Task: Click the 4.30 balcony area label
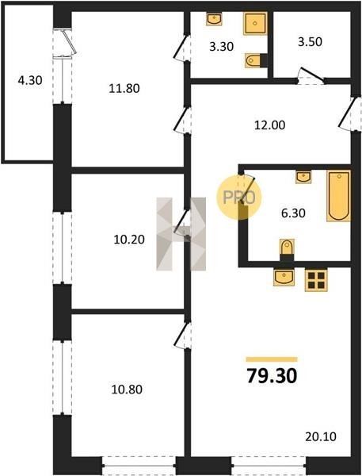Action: tap(30, 81)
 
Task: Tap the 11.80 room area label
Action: tap(124, 88)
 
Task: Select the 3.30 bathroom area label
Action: tap(221, 47)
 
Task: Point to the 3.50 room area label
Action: tap(310, 42)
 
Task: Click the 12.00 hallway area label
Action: tap(269, 125)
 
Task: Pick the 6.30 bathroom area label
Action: tap(293, 213)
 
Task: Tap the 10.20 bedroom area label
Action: tap(129, 240)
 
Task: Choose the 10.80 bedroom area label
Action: tap(127, 390)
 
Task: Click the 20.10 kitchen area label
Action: tap(321, 437)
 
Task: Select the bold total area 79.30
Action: tap(272, 376)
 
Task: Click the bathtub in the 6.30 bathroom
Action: tap(339, 196)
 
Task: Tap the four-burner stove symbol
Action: tap(316, 280)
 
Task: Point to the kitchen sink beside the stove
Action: tap(284, 277)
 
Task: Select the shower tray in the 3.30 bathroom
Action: tap(255, 23)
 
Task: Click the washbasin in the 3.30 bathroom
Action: tap(214, 19)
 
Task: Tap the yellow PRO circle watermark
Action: tap(239, 198)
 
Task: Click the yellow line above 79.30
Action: tap(272, 359)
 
